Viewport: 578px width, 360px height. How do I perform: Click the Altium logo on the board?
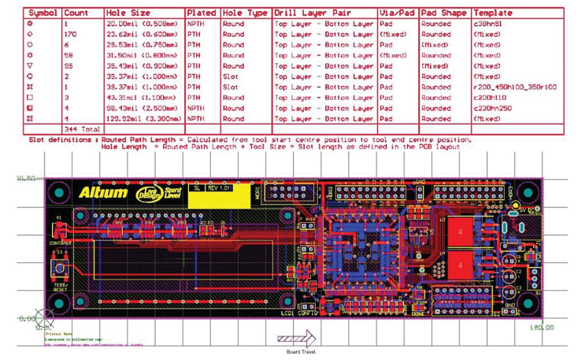pos(102,191)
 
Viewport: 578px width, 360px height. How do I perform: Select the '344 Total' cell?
pos(81,128)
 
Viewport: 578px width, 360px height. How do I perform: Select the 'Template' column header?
pos(492,13)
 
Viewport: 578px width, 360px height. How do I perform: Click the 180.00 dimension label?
pos(542,326)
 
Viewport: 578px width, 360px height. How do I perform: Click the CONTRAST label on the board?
pos(60,243)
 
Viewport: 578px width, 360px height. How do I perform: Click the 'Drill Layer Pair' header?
pos(323,13)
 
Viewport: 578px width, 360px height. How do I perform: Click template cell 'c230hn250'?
pos(492,108)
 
